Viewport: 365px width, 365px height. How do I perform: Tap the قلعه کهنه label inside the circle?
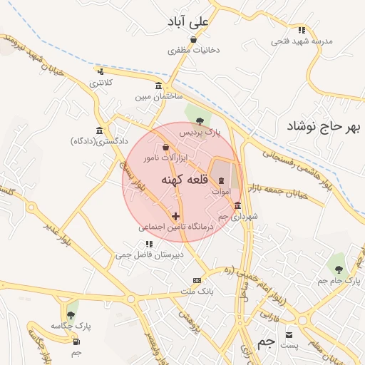(184, 181)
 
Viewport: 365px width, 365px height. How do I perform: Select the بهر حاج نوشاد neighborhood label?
(324, 127)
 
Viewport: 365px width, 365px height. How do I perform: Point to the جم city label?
(266, 343)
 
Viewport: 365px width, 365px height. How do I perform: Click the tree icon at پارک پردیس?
(199, 120)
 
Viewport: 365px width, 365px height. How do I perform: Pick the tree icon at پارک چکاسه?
(71, 314)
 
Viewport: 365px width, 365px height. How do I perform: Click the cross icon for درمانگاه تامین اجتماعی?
(175, 215)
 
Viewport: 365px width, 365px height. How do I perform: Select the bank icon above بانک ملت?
(197, 280)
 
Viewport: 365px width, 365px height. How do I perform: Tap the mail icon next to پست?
(289, 334)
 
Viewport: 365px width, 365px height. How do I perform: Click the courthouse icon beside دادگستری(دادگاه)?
(98, 130)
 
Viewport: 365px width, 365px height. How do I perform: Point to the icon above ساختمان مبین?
(157, 86)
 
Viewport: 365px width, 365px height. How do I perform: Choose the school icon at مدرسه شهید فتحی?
(302, 30)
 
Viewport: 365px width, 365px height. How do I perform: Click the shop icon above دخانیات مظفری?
(193, 40)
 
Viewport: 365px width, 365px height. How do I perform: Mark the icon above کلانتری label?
(100, 71)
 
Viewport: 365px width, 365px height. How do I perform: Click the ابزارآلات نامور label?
(165, 156)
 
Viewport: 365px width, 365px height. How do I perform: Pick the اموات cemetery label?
(221, 192)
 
